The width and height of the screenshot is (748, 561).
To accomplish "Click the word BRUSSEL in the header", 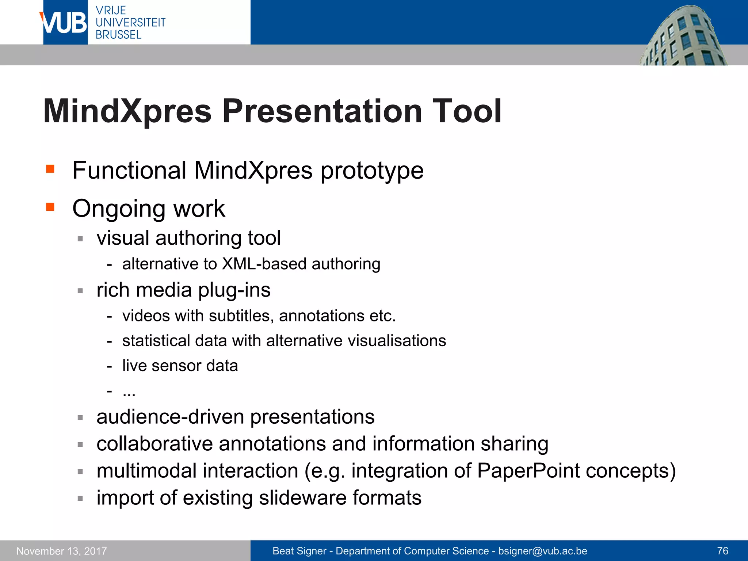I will pyautogui.click(x=118, y=35).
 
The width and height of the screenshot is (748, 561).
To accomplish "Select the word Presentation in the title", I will pyautogui.click(x=322, y=111).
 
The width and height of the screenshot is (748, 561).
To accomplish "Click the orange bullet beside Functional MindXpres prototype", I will pyautogui.click(x=50, y=169).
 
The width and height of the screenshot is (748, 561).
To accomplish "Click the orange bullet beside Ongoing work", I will pyautogui.click(x=50, y=207).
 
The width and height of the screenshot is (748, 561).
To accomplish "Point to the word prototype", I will pyautogui.click(x=372, y=171).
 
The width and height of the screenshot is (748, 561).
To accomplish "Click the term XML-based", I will pyautogui.click(x=264, y=264).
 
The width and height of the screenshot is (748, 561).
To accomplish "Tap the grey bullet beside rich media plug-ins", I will pyautogui.click(x=80, y=291).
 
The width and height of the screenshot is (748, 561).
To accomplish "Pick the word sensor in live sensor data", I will pyautogui.click(x=176, y=366).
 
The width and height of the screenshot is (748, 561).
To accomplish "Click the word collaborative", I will pyautogui.click(x=154, y=444).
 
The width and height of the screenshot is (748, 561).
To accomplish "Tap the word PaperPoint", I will pyautogui.click(x=528, y=471).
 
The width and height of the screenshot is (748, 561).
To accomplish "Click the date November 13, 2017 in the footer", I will pyautogui.click(x=62, y=551).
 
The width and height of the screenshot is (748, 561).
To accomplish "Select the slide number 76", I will pyautogui.click(x=722, y=551).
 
